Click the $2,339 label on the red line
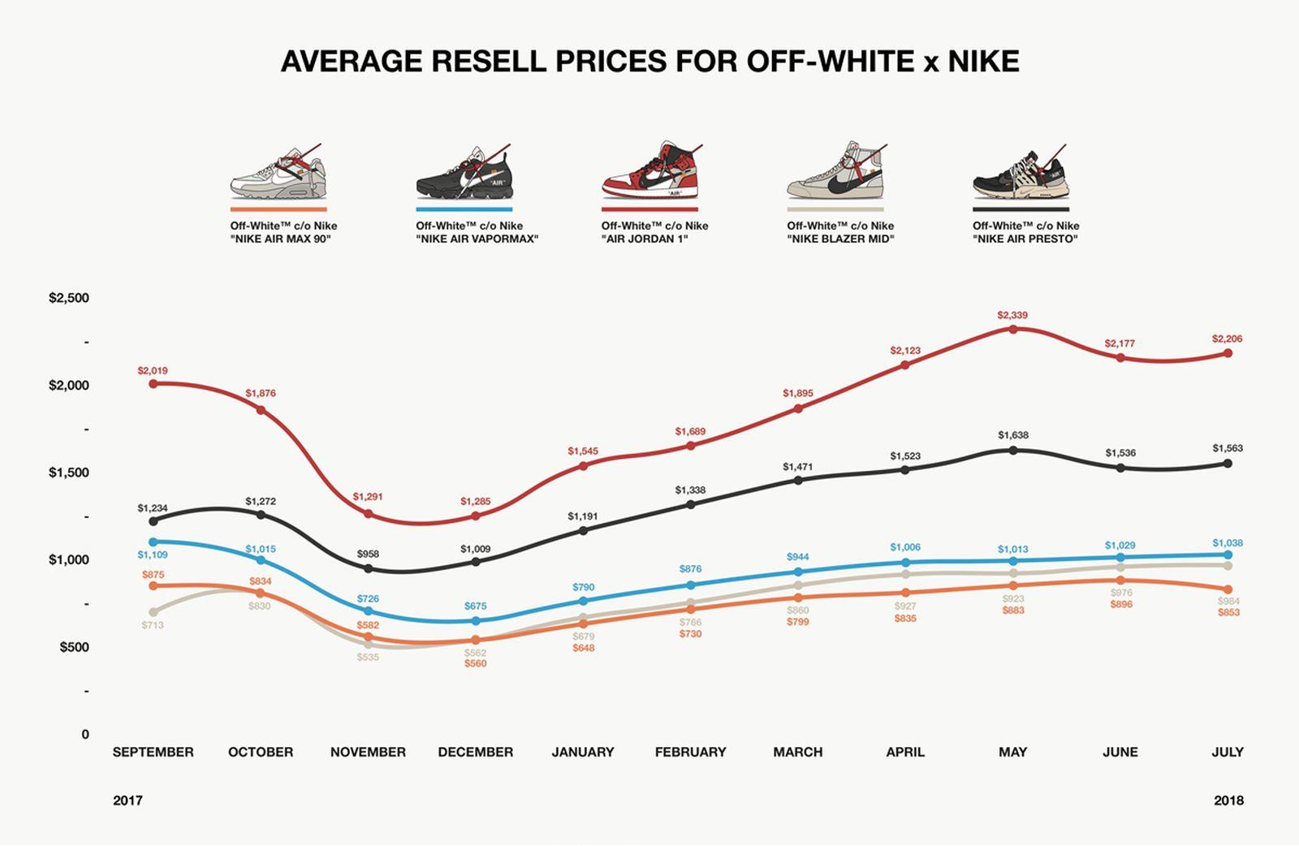(x=1012, y=315)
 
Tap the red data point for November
(x=368, y=514)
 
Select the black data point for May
(x=1012, y=450)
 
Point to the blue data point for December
(x=476, y=621)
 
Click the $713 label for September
(x=153, y=625)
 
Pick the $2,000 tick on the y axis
(x=69, y=386)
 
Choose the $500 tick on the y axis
(x=74, y=647)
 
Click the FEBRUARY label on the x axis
(x=690, y=752)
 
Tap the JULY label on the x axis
(x=1227, y=752)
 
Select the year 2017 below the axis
(x=127, y=801)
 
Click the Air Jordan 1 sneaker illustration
(x=650, y=172)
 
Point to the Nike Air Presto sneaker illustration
(x=1021, y=174)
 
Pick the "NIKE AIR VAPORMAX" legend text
(x=477, y=239)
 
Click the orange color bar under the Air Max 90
(x=278, y=209)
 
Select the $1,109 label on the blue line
(x=153, y=555)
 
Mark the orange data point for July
(x=1228, y=589)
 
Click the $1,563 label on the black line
(x=1228, y=448)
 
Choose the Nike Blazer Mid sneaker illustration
(x=836, y=172)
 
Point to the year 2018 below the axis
(x=1228, y=801)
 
